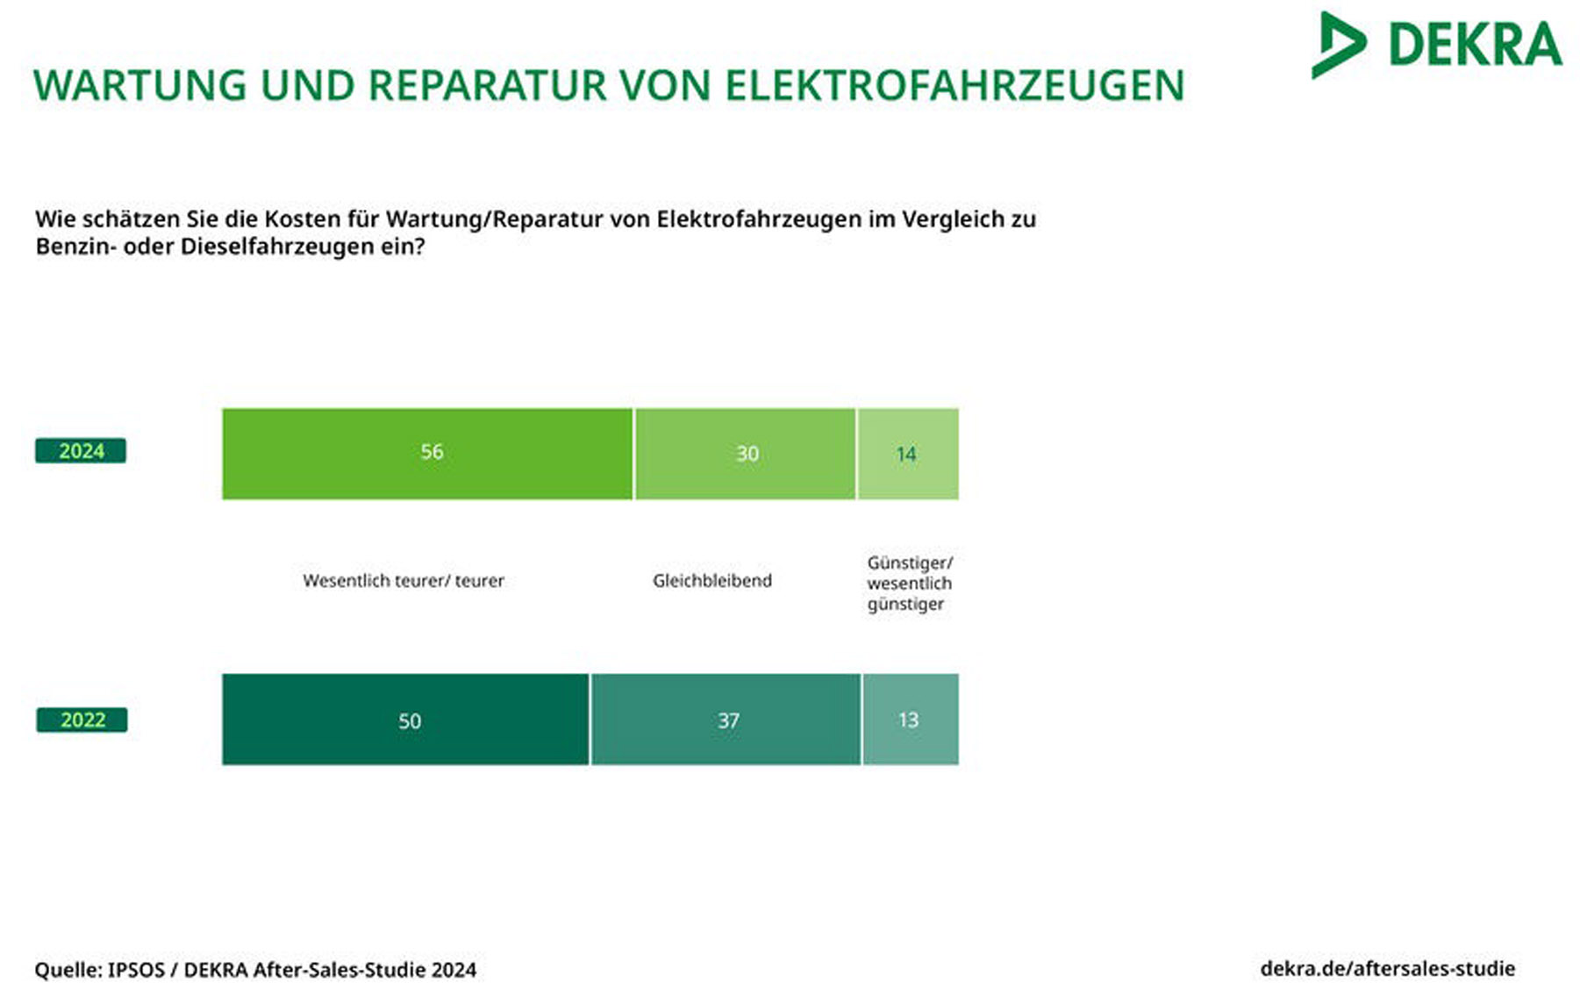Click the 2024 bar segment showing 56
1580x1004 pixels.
click(427, 454)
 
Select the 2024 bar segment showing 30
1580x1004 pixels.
click(746, 454)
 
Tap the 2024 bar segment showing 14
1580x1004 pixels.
click(908, 454)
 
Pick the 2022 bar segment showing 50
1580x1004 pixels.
click(405, 720)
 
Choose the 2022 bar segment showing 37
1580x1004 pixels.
click(726, 720)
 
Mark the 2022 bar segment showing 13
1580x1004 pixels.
click(911, 720)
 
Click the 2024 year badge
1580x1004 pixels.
click(81, 451)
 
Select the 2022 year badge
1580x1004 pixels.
click(82, 720)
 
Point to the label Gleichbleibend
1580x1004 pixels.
click(712, 580)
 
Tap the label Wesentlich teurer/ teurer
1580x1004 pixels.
click(404, 580)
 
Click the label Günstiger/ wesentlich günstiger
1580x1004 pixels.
click(910, 583)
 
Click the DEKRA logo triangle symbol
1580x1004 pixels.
click(1338, 45)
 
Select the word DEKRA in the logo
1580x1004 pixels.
click(1476, 45)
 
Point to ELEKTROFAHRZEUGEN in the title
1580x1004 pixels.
click(954, 86)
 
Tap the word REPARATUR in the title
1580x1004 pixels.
click(488, 86)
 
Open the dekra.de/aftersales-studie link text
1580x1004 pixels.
click(1388, 969)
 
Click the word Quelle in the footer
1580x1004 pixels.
click(68, 970)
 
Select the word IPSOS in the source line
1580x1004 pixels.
click(136, 970)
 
